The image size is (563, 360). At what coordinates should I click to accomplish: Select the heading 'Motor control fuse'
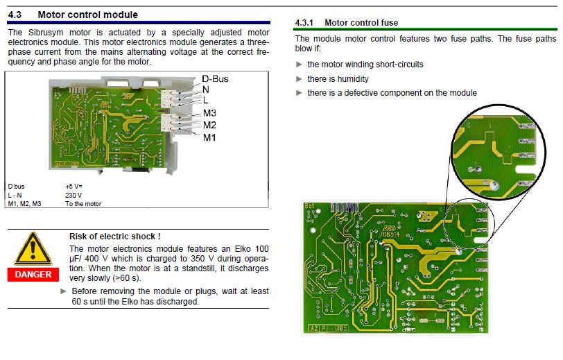click(x=361, y=23)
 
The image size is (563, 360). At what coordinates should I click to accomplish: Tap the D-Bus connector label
click(x=215, y=78)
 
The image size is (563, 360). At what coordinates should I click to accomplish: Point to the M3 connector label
click(x=209, y=113)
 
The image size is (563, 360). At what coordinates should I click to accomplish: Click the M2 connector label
click(x=209, y=126)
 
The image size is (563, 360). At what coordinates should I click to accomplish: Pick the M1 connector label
click(x=209, y=138)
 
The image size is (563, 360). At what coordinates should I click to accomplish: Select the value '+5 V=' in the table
click(x=74, y=187)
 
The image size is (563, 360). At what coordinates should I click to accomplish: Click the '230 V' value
click(x=73, y=195)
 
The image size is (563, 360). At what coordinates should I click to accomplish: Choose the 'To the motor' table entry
click(x=83, y=204)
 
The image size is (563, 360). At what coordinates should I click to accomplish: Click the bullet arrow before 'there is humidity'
click(x=300, y=79)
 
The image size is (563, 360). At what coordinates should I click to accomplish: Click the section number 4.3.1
click(x=304, y=23)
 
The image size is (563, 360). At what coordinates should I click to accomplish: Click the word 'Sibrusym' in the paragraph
click(x=45, y=33)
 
